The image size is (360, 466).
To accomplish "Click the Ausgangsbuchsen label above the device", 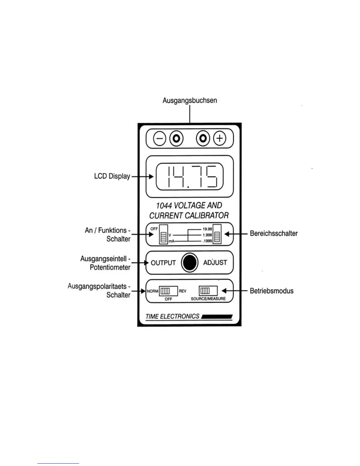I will (x=190, y=100).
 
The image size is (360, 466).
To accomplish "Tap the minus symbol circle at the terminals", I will (x=159, y=138).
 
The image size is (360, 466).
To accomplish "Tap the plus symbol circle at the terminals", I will (x=219, y=138).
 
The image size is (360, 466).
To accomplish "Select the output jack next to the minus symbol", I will (x=176, y=138).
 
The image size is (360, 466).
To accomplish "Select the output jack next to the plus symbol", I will (x=203, y=138).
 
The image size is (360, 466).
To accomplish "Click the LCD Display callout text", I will (x=112, y=176).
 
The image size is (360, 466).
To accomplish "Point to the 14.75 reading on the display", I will (x=190, y=177).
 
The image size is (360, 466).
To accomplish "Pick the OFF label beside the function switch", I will (x=154, y=229).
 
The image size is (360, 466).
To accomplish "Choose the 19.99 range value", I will (x=207, y=229).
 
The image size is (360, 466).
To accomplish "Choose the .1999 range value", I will (x=207, y=241).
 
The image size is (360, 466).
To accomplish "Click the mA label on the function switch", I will (x=171, y=241).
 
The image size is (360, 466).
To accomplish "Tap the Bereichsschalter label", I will (x=274, y=234).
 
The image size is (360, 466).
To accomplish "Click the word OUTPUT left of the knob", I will (x=163, y=263).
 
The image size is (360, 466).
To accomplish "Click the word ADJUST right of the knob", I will (x=215, y=262).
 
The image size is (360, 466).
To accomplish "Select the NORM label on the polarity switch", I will (x=153, y=291).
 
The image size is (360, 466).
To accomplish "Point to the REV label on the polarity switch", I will (x=182, y=291).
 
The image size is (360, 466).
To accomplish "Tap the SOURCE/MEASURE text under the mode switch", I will (x=208, y=299).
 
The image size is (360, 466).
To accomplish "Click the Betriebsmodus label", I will (x=271, y=291).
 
